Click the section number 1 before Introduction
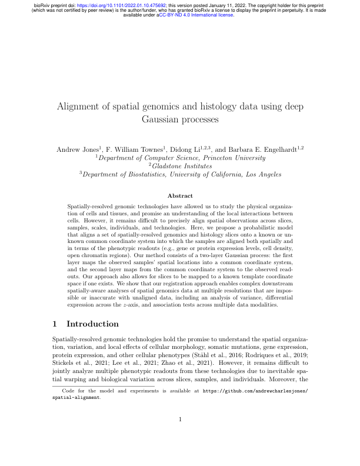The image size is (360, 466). tap(55, 324)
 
